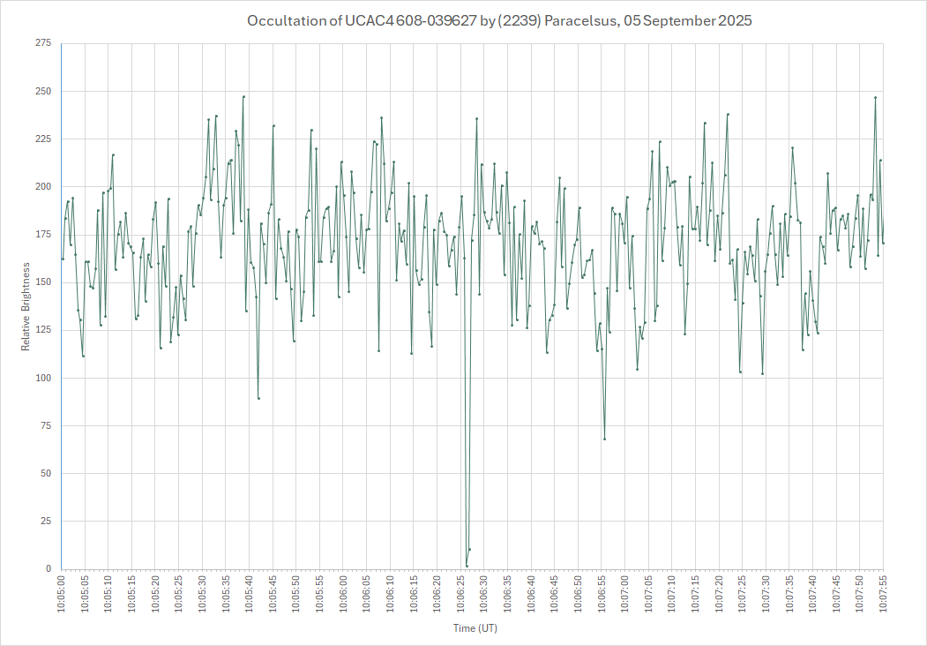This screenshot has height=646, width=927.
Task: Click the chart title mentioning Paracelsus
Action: [x=499, y=20]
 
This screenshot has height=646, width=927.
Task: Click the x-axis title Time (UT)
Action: [x=475, y=628]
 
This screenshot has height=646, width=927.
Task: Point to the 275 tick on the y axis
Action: [x=42, y=43]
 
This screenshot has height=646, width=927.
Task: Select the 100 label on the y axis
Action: [x=42, y=378]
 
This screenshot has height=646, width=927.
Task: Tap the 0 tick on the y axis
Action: [x=49, y=569]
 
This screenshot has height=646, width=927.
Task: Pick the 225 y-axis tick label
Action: [x=42, y=139]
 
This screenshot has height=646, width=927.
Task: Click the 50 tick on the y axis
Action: [x=45, y=474]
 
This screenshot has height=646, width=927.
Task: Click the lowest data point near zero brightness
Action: [x=467, y=566]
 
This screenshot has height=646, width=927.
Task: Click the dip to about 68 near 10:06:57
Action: [x=604, y=439]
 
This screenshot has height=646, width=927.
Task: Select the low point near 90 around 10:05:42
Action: [x=258, y=398]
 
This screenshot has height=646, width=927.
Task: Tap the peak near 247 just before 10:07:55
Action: [x=876, y=98]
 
